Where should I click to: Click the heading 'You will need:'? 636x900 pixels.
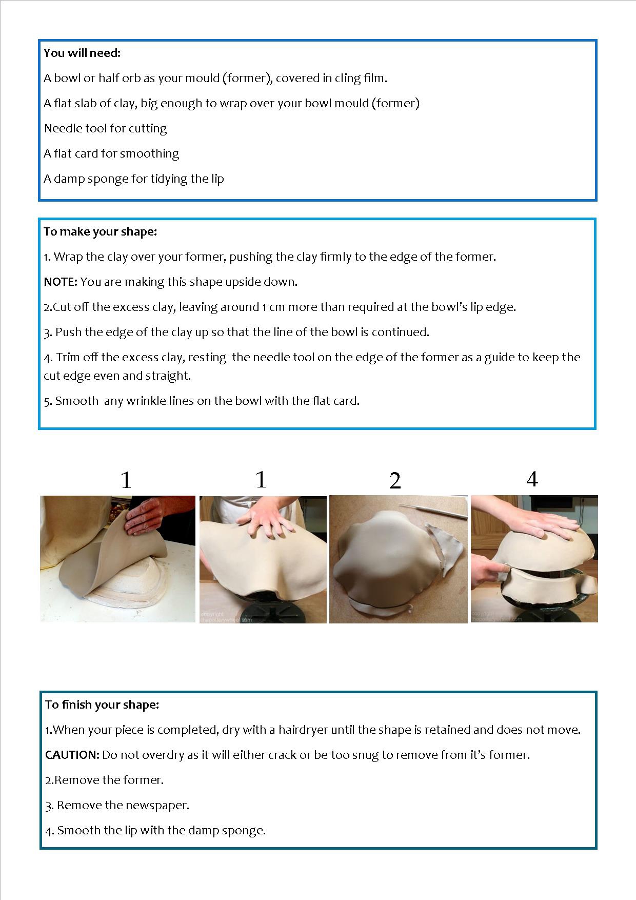pos(82,53)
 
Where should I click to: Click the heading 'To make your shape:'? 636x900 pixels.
pos(100,231)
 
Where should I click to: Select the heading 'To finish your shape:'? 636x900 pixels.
pos(102,705)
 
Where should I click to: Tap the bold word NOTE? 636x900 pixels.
pos(61,282)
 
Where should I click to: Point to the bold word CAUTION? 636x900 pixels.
pos(72,755)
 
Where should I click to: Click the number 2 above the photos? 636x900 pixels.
pos(395,480)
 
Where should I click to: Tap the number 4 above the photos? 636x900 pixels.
pos(532,479)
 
